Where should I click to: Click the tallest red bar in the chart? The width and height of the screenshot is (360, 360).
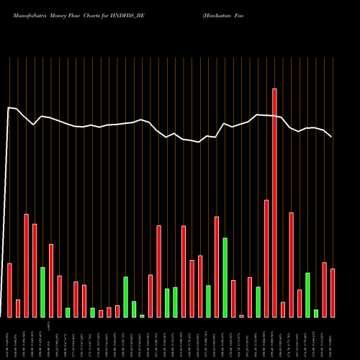274,202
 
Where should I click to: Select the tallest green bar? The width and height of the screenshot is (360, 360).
225,277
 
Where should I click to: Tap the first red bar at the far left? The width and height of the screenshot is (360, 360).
9,290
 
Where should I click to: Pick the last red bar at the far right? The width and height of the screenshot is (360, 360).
333,293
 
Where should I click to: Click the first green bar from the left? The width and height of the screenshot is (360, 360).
42,292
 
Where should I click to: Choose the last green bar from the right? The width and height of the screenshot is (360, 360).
316,313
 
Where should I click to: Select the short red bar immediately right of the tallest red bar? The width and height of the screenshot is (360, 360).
283,310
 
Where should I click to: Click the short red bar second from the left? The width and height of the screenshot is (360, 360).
18,308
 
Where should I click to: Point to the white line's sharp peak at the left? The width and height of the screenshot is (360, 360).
9,108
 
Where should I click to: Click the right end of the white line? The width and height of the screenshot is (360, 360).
331,136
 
